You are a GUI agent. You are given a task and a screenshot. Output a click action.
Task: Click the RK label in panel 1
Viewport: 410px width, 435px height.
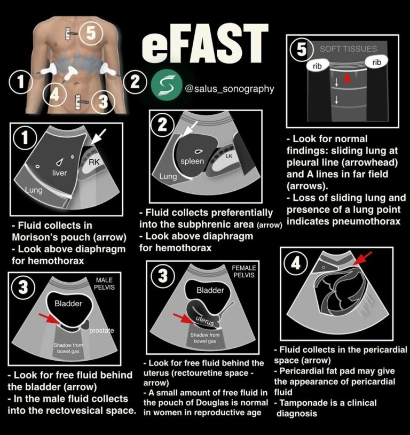click(94, 161)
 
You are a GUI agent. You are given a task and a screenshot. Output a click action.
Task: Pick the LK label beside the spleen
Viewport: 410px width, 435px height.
click(228, 156)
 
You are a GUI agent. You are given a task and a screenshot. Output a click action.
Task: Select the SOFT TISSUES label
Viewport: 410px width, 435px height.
click(348, 49)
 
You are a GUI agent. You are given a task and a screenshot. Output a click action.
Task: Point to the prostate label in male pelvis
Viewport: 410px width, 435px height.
click(101, 330)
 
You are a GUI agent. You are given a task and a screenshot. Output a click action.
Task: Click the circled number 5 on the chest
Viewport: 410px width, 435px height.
click(91, 33)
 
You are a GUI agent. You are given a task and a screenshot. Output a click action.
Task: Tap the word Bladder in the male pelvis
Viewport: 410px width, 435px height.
click(69, 304)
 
